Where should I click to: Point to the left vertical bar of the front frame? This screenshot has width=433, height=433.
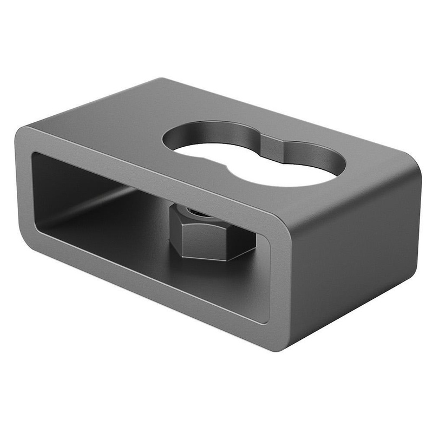[x=24, y=189]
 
